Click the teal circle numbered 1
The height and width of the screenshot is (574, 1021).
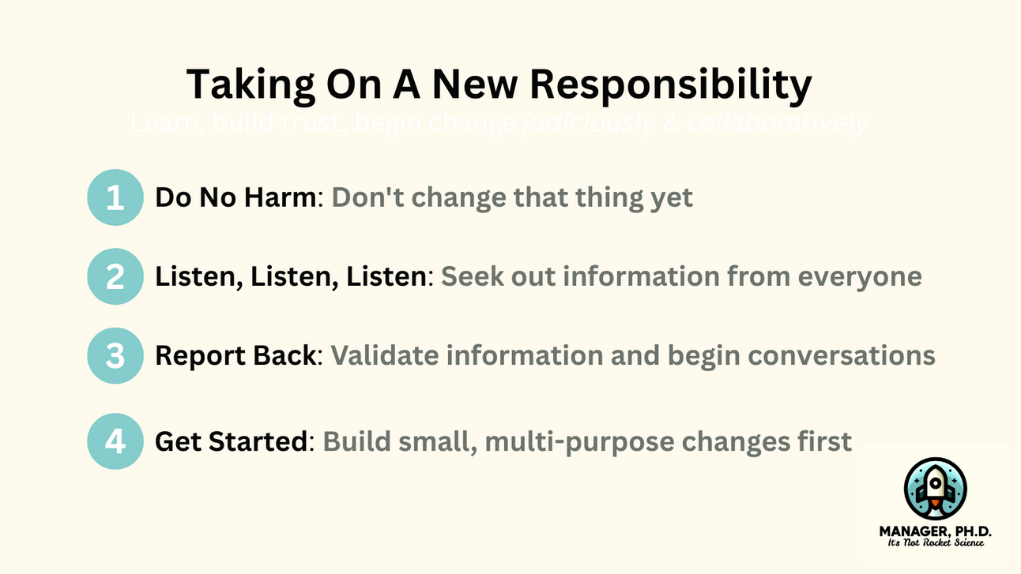pos(115,197)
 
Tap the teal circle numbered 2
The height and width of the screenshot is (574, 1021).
pos(115,276)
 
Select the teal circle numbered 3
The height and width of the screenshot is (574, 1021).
pos(115,355)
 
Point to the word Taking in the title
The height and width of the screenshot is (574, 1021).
pos(243,85)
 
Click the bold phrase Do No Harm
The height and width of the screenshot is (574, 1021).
pos(235,197)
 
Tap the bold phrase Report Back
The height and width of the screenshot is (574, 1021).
pos(235,355)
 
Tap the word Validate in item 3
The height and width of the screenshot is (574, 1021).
pos(384,355)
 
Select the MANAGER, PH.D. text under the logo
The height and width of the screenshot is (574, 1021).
pos(935,531)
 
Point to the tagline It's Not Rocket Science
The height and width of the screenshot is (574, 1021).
pos(935,544)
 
